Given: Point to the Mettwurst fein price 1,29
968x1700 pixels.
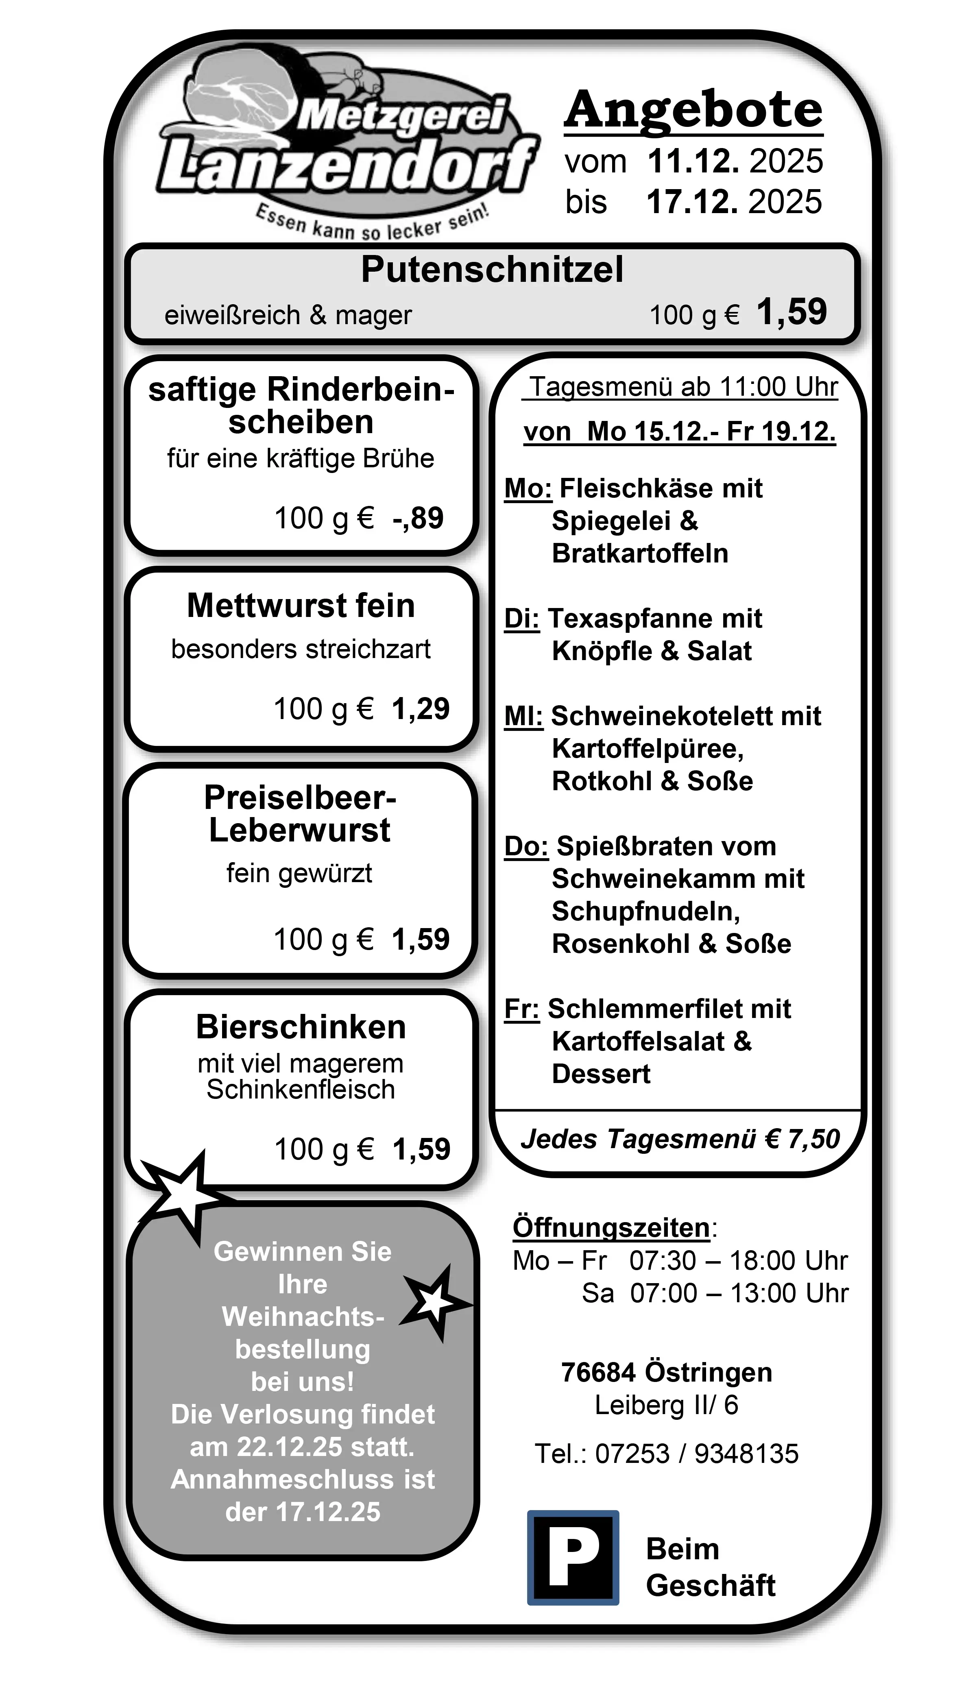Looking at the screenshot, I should pyautogui.click(x=420, y=708).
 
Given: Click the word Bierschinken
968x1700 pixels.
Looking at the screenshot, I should pyautogui.click(x=301, y=1027).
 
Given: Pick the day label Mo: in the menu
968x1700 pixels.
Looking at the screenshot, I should pyautogui.click(x=528, y=488).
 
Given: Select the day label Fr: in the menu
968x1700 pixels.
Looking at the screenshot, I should pyautogui.click(x=521, y=1009).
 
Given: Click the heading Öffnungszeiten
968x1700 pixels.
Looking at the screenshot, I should pyautogui.click(x=611, y=1227).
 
